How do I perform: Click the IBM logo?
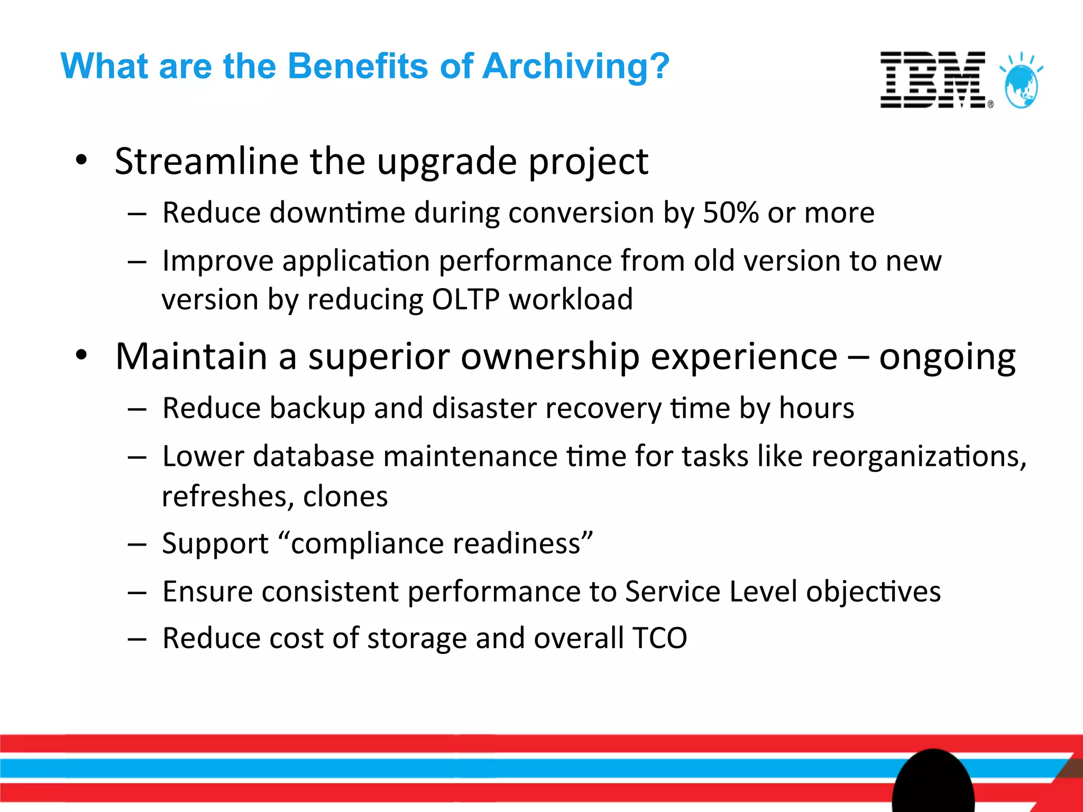(x=933, y=80)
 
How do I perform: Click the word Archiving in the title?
(x=576, y=67)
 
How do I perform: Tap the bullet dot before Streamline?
(x=81, y=160)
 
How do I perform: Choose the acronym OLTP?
(x=465, y=300)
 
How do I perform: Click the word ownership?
(x=550, y=357)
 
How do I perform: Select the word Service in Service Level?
(x=672, y=592)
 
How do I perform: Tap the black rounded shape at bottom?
(x=933, y=782)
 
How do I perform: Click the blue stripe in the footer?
(x=423, y=768)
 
